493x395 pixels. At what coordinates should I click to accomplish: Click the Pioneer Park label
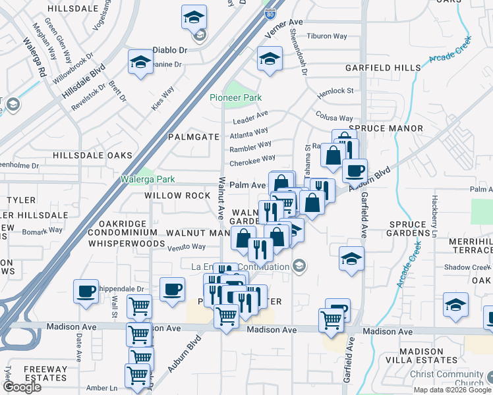point(235,97)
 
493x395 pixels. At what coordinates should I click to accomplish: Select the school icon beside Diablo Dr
point(140,63)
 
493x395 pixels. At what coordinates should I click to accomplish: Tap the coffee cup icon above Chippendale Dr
point(86,291)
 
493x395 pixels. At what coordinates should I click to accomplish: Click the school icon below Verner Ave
point(270,59)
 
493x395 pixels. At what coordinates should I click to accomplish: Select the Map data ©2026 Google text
point(451,389)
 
